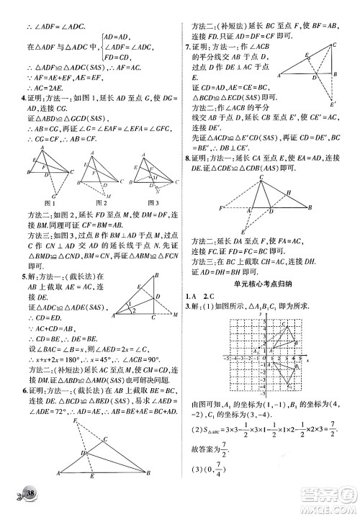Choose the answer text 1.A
(190, 296)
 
